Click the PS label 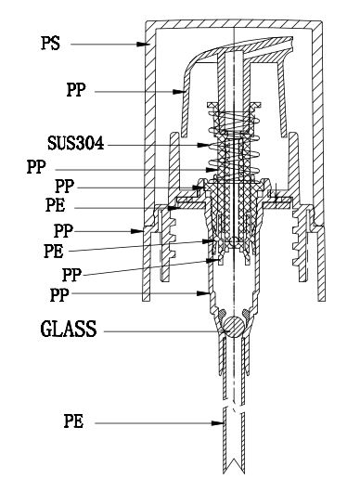point(50,44)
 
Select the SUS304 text point(76,144)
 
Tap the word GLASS point(69,329)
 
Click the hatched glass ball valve point(234,327)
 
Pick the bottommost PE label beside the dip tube point(73,421)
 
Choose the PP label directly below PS point(76,90)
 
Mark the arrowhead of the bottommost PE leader point(218,422)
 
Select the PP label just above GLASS point(59,295)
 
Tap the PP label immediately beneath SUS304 point(36,167)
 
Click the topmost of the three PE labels point(56,205)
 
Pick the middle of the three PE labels point(54,251)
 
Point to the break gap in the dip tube point(234,404)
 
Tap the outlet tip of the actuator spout point(291,43)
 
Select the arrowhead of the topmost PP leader point(178,92)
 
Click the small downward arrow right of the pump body point(276,191)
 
